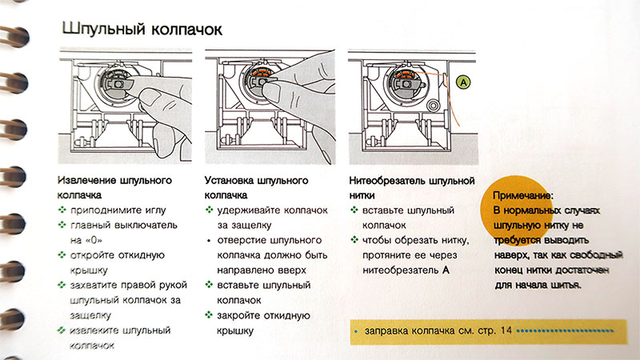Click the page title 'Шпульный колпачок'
(142, 29)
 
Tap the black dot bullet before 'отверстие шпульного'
(209, 241)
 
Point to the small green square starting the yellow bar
(355, 330)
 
